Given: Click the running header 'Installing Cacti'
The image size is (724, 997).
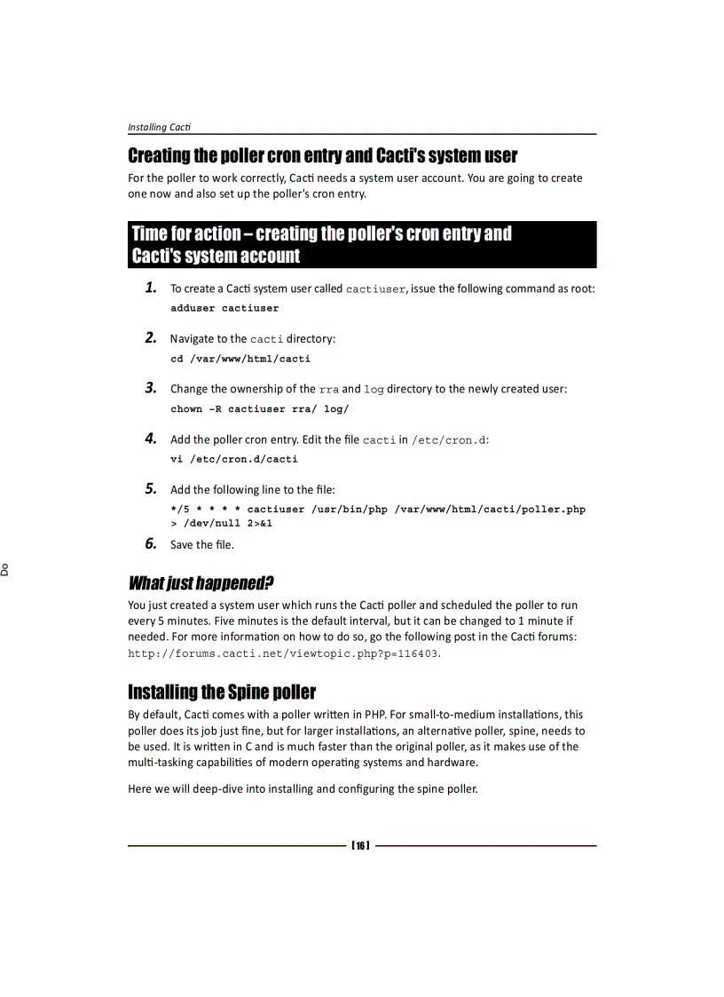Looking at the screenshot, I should click(159, 127).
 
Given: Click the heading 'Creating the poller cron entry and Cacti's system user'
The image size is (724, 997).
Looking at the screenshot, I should click(322, 156).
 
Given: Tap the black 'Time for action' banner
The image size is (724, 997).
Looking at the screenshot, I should click(362, 245).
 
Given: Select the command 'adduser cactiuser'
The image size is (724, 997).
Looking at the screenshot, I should click(224, 308).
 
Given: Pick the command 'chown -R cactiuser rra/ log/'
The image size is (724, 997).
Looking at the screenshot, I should click(260, 409).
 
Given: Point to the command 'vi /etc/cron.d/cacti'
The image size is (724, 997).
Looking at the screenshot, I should click(234, 459).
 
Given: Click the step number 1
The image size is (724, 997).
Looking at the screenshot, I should click(151, 288).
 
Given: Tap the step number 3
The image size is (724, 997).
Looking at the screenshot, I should click(151, 388).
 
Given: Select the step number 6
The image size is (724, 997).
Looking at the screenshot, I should click(151, 543).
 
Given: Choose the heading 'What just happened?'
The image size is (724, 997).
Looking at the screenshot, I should click(201, 583).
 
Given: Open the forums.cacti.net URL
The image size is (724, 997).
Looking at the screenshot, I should click(283, 653).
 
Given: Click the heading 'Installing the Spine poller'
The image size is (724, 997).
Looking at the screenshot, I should click(222, 692).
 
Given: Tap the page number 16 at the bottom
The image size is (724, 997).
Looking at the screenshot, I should click(360, 845).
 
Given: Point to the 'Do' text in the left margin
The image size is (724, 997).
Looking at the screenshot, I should click(5, 568).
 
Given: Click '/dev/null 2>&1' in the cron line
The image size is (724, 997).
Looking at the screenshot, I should click(221, 524).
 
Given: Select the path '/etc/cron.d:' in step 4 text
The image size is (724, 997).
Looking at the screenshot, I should click(451, 440).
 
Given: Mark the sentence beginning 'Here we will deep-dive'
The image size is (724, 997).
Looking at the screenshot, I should click(303, 788).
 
